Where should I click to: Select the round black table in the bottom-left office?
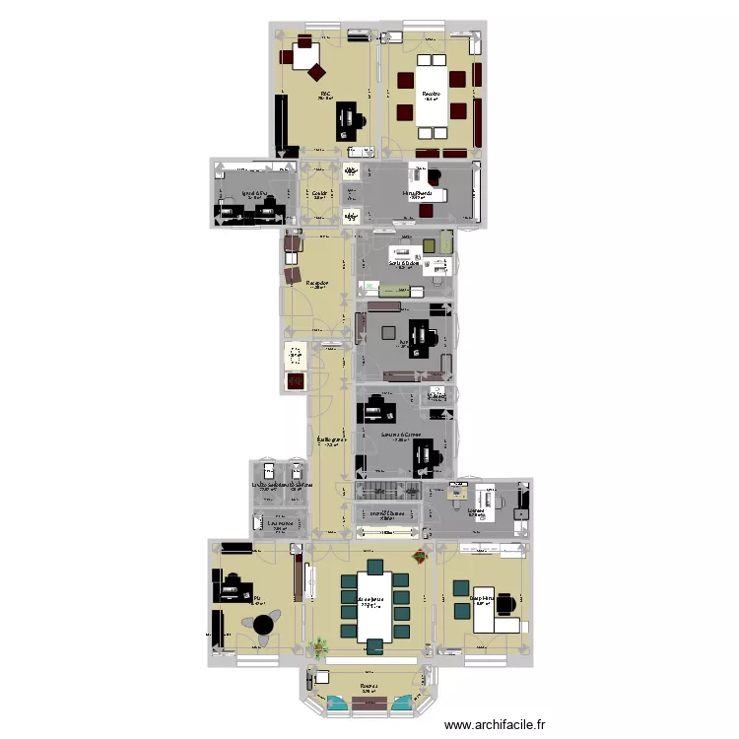263,624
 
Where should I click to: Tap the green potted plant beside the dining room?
319,647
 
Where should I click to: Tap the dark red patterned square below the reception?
294,380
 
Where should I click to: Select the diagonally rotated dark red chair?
317,70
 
